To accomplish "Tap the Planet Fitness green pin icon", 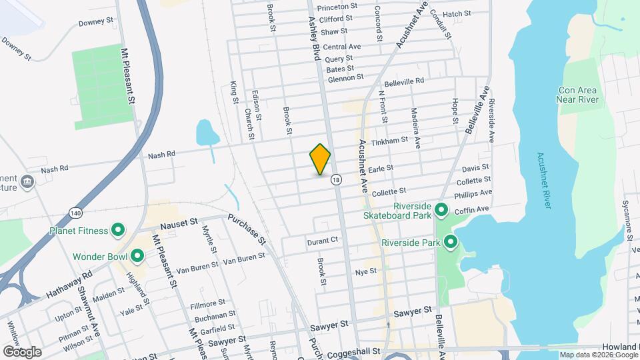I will tap(118, 231).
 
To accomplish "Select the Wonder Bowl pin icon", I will tap(138, 256).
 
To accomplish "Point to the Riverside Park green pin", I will tap(451, 243).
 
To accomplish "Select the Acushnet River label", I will tap(543, 180).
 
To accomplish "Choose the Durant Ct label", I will tap(323, 240).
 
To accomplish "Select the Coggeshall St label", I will tap(347, 351).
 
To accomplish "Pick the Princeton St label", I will tap(338, 7).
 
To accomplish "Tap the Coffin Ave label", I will tap(472, 209).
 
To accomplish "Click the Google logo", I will tap(22, 351).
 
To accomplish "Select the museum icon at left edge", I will tap(27, 182).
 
